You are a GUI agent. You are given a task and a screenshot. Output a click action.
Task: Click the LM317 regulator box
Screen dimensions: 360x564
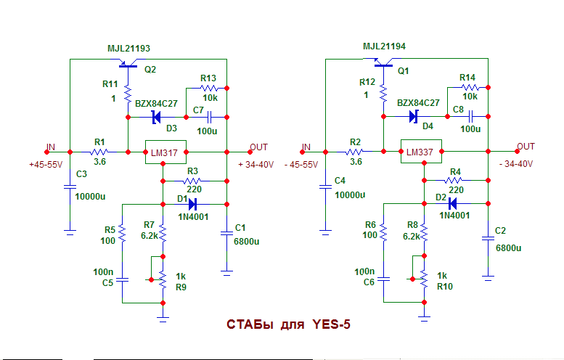[166, 152]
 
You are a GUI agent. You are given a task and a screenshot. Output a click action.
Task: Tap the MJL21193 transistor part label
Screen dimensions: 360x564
[128, 49]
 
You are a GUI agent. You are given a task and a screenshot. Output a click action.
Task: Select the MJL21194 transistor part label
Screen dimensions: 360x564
[384, 46]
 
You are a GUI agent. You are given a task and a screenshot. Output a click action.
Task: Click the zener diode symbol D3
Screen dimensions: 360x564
[155, 116]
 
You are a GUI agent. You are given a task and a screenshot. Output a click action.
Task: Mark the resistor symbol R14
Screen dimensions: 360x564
[468, 87]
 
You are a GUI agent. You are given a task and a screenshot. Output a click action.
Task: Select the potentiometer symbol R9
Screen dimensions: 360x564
[163, 278]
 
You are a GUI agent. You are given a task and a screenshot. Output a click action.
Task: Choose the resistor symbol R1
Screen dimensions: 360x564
[99, 152]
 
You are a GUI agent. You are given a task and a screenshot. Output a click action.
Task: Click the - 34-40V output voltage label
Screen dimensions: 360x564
[517, 165]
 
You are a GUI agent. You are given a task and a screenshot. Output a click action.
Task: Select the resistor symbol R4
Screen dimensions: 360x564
[455, 181]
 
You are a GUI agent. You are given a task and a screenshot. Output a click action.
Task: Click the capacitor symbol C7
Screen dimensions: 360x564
[210, 116]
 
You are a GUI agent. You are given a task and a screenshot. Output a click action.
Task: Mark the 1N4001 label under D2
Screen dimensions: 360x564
[454, 215]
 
